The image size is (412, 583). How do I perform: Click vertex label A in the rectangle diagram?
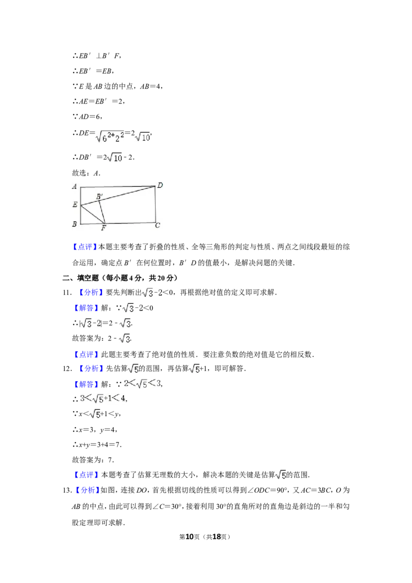75,186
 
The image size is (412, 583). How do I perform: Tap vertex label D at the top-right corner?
160,185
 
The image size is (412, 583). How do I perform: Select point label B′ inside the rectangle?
99,196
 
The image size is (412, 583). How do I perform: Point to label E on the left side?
75,205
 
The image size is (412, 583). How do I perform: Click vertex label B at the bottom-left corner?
75,224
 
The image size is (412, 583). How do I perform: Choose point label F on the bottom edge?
104,228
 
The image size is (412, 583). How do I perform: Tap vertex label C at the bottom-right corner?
158,225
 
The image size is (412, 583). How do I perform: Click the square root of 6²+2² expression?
111,136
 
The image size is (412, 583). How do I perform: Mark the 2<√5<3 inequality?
141,383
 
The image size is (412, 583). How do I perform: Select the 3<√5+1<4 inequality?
102,398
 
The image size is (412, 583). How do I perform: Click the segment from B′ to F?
101,212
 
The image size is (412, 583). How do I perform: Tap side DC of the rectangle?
156,205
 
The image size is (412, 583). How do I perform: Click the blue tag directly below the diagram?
84,247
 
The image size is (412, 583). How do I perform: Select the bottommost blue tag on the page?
87,490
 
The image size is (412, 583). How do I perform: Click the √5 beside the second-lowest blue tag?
280,475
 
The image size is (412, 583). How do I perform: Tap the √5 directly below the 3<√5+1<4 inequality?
95,414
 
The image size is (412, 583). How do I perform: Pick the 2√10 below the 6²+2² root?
113,158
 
